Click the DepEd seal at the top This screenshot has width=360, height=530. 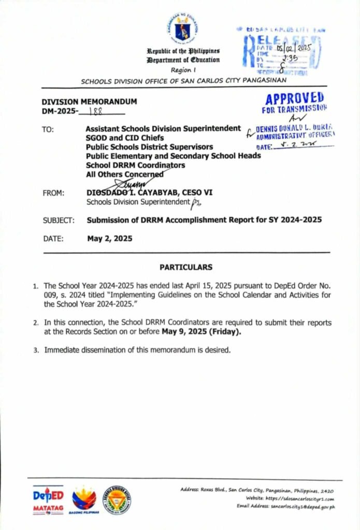point(182,29)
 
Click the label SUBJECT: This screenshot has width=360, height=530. point(59,220)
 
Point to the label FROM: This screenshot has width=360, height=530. point(54,193)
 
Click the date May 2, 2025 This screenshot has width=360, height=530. point(109,239)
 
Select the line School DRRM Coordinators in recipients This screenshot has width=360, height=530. point(135,165)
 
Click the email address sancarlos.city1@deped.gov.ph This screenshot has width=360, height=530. point(300,507)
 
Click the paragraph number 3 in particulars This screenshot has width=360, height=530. point(36,350)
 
